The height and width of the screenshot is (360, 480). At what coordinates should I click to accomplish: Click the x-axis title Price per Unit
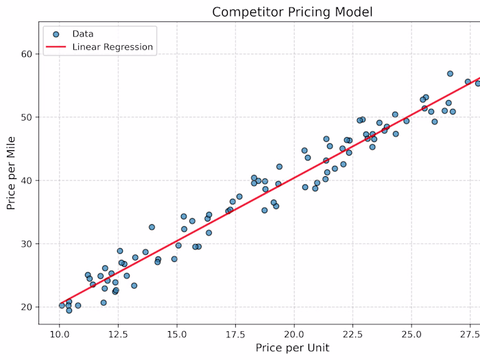pos(293,348)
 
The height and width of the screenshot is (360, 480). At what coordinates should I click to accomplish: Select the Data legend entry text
pos(83,33)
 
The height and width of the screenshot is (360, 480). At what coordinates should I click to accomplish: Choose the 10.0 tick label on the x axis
pos(60,334)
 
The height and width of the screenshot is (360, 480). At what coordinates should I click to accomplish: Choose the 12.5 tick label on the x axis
pos(119,334)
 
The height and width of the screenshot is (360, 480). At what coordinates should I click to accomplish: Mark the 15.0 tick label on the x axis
pos(177,334)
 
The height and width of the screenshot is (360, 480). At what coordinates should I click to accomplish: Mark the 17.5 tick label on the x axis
pos(236,334)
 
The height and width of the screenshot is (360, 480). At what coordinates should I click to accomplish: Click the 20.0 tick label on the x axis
pos(294,334)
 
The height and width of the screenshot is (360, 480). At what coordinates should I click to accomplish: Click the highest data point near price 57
pos(450,73)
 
